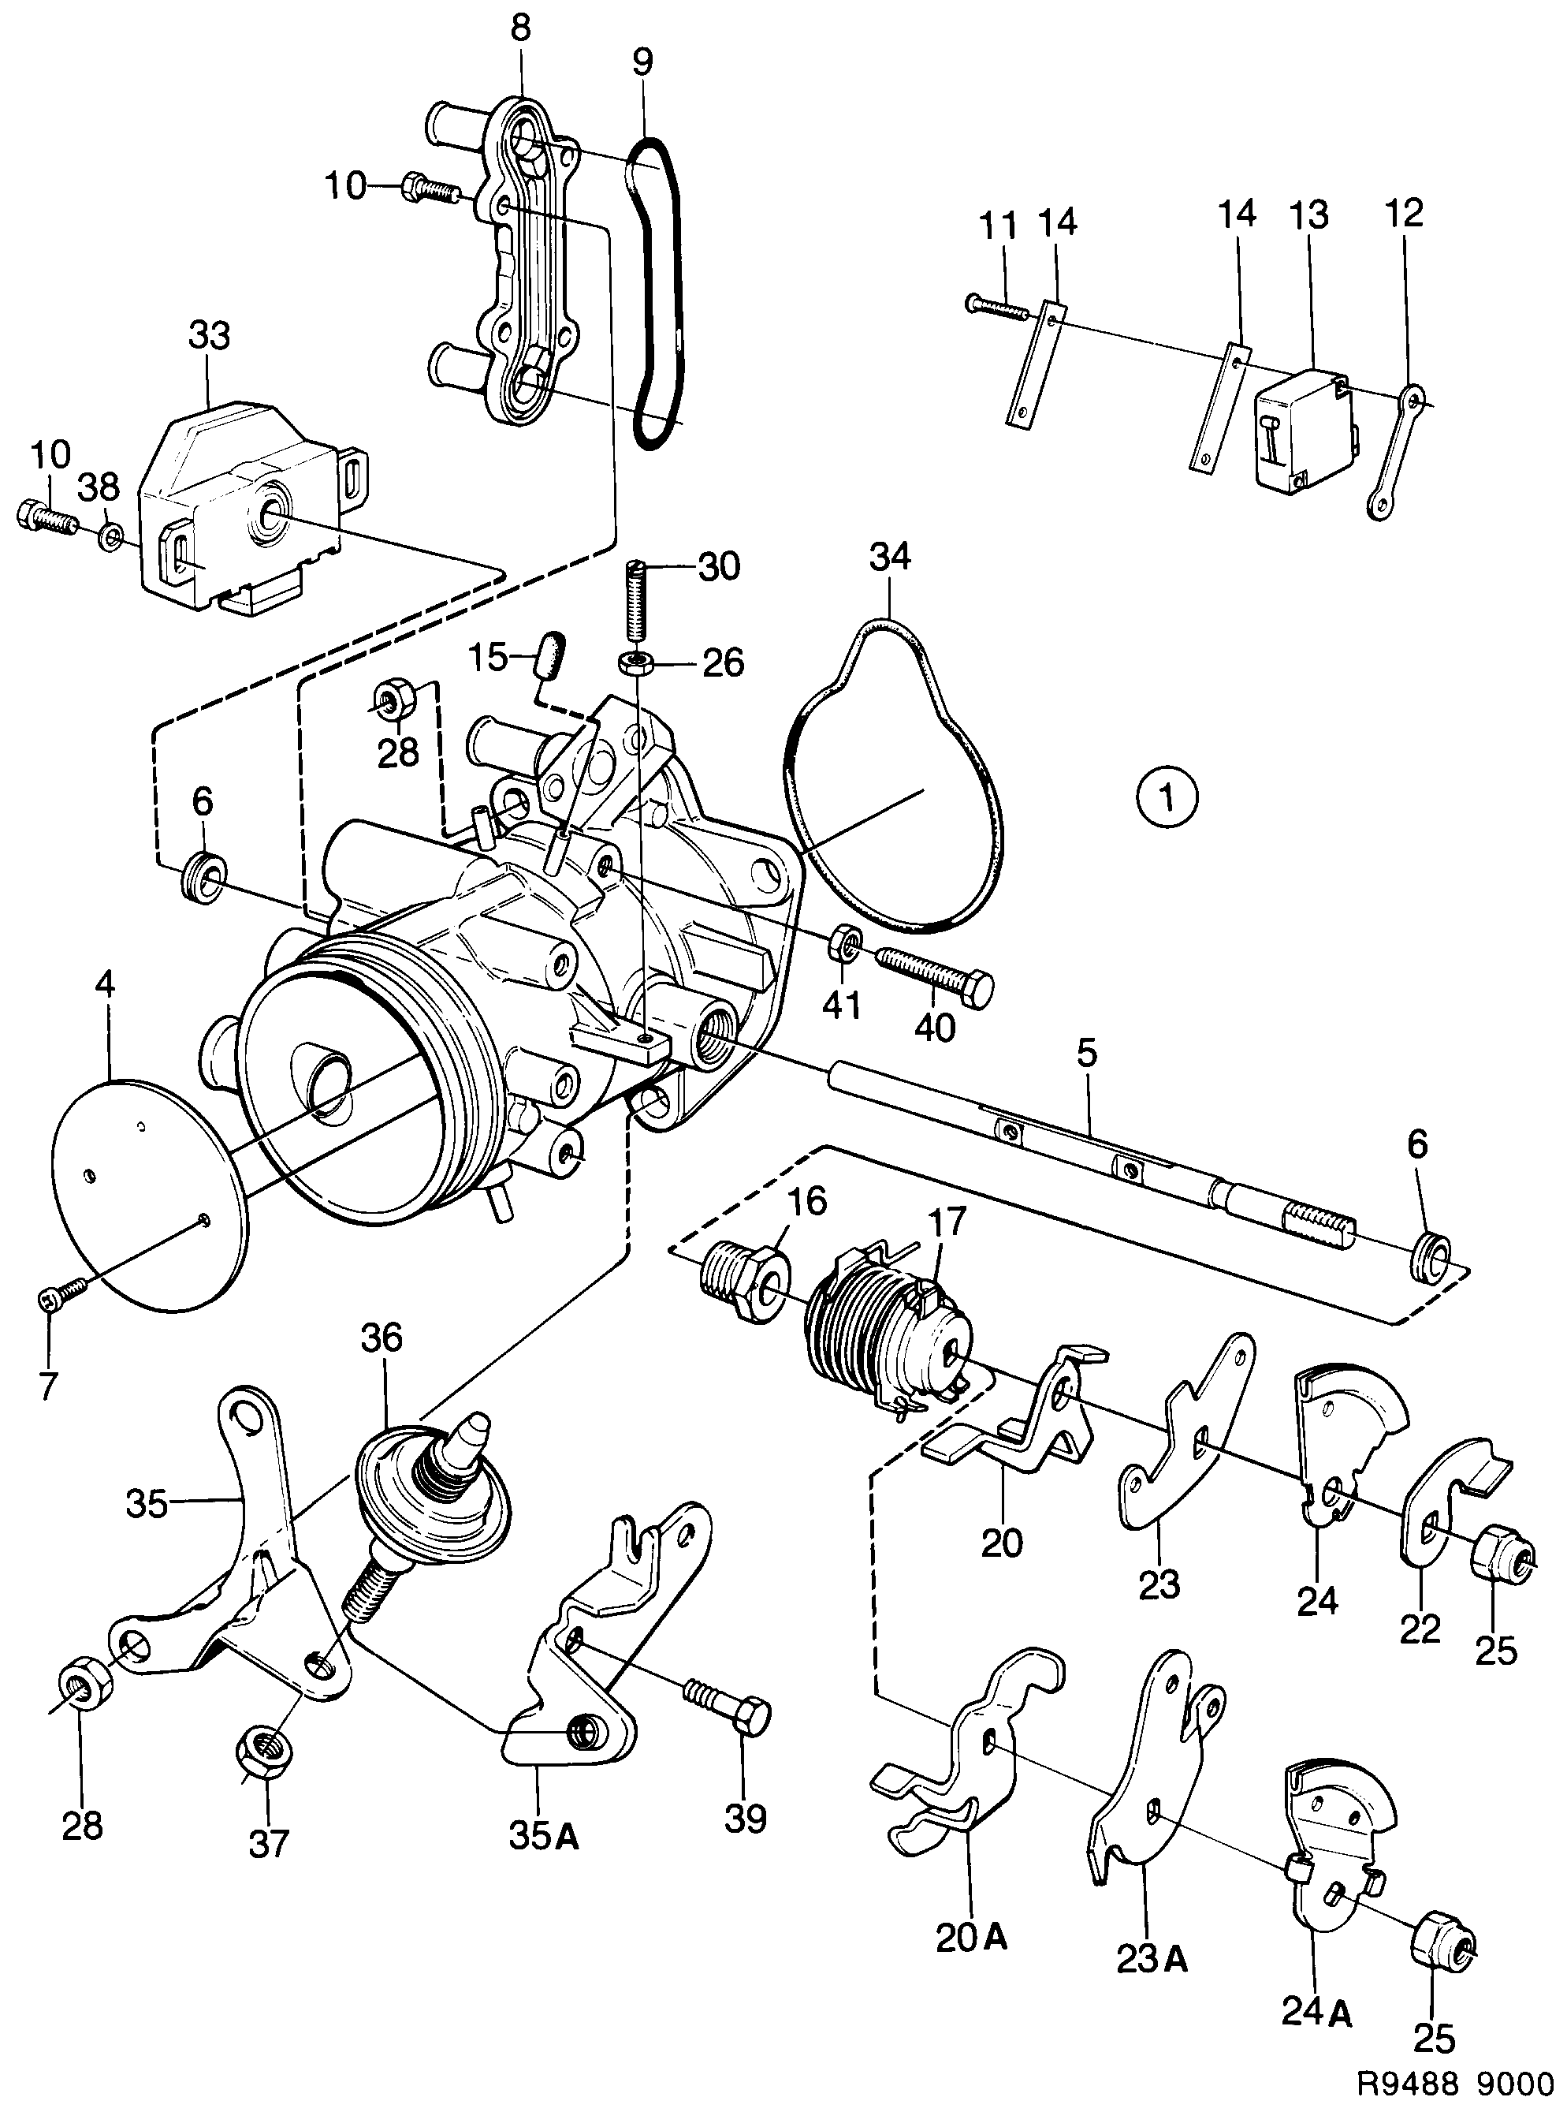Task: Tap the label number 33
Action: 210,336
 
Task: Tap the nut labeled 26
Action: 634,662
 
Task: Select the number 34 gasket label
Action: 889,556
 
